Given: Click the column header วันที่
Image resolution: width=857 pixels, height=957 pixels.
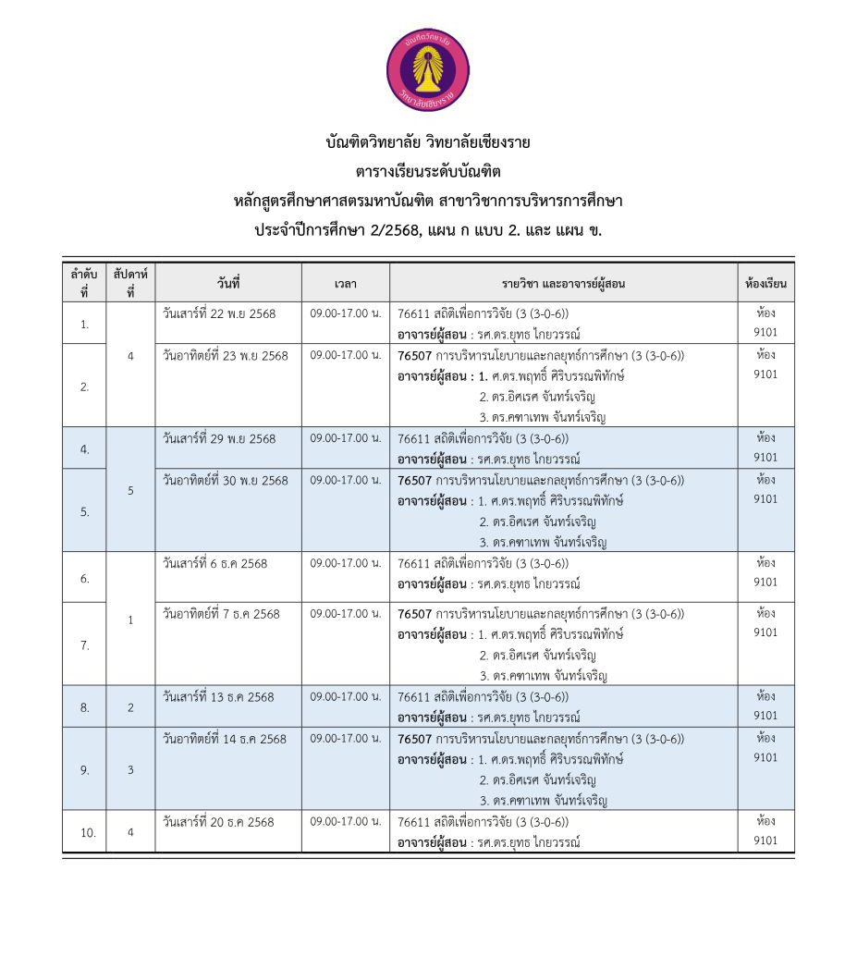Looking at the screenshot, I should pyautogui.click(x=228, y=282).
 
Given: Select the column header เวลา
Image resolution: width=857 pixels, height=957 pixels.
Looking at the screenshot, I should pyautogui.click(x=346, y=283).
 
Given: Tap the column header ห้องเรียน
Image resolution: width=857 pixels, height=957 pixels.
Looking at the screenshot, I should pyautogui.click(x=765, y=283).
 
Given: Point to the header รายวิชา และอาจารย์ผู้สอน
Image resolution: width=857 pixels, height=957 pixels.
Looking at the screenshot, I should pyautogui.click(x=563, y=283).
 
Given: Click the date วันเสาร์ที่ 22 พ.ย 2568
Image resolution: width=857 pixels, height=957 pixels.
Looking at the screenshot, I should pyautogui.click(x=219, y=313).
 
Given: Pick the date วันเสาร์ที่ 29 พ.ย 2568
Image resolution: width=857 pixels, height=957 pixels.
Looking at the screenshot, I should pyautogui.click(x=219, y=438).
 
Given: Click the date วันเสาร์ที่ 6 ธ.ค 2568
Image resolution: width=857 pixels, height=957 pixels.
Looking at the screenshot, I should pyautogui.click(x=214, y=563).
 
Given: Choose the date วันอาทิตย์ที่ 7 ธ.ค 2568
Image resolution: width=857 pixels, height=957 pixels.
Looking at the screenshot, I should pyautogui.click(x=221, y=613).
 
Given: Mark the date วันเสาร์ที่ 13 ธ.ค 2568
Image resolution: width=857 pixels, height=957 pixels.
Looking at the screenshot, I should pyautogui.click(x=218, y=696).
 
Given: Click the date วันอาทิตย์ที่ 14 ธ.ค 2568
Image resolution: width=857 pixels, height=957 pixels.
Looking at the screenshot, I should pyautogui.click(x=225, y=739).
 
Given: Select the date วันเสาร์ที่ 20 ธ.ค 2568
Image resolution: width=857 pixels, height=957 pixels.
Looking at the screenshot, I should pyautogui.click(x=218, y=821).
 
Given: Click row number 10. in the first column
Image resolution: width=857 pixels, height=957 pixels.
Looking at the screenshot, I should pyautogui.click(x=88, y=833).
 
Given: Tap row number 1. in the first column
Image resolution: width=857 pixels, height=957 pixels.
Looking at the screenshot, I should pyautogui.click(x=85, y=325).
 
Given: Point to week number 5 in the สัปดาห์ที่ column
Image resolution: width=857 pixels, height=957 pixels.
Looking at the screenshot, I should pyautogui.click(x=130, y=491).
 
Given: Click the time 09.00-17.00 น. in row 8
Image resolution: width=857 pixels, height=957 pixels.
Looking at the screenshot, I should pyautogui.click(x=346, y=696).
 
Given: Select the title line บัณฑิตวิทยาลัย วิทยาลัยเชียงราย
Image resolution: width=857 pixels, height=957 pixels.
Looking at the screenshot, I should pyautogui.click(x=428, y=142).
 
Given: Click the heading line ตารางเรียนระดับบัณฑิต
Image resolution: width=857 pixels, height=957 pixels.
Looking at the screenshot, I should pyautogui.click(x=428, y=171).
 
